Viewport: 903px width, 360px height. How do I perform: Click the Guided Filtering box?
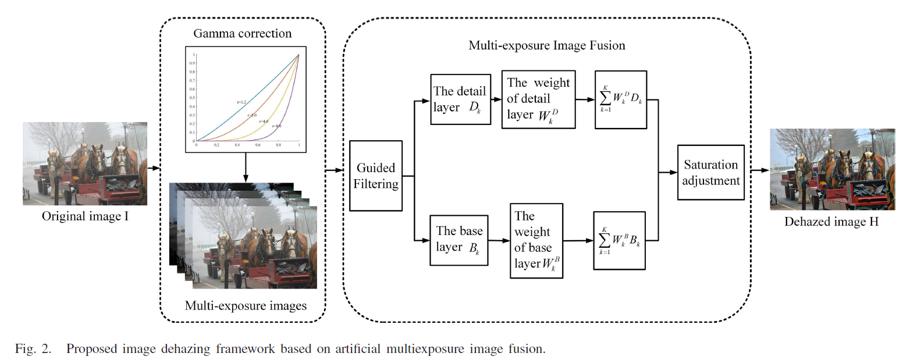pyautogui.click(x=375, y=176)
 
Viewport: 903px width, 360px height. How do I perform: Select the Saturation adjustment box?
pyautogui.click(x=711, y=172)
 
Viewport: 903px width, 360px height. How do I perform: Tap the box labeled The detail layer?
pyautogui.click(x=460, y=99)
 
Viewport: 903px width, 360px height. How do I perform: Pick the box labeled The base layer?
pyautogui.click(x=459, y=240)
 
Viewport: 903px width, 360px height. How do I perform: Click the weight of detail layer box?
pyautogui.click(x=539, y=99)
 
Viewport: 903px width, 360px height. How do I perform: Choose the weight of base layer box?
pyautogui.click(x=536, y=240)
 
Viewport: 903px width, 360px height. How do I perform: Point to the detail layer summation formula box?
pyautogui.click(x=620, y=99)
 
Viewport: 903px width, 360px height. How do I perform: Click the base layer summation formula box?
pyautogui.click(x=620, y=240)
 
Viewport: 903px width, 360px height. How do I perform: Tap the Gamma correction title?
pyautogui.click(x=243, y=33)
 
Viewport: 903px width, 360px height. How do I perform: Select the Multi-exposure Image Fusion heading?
pyautogui.click(x=547, y=45)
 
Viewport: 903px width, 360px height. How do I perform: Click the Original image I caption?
pyautogui.click(x=84, y=217)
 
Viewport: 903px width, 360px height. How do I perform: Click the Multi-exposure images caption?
pyautogui.click(x=245, y=305)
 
